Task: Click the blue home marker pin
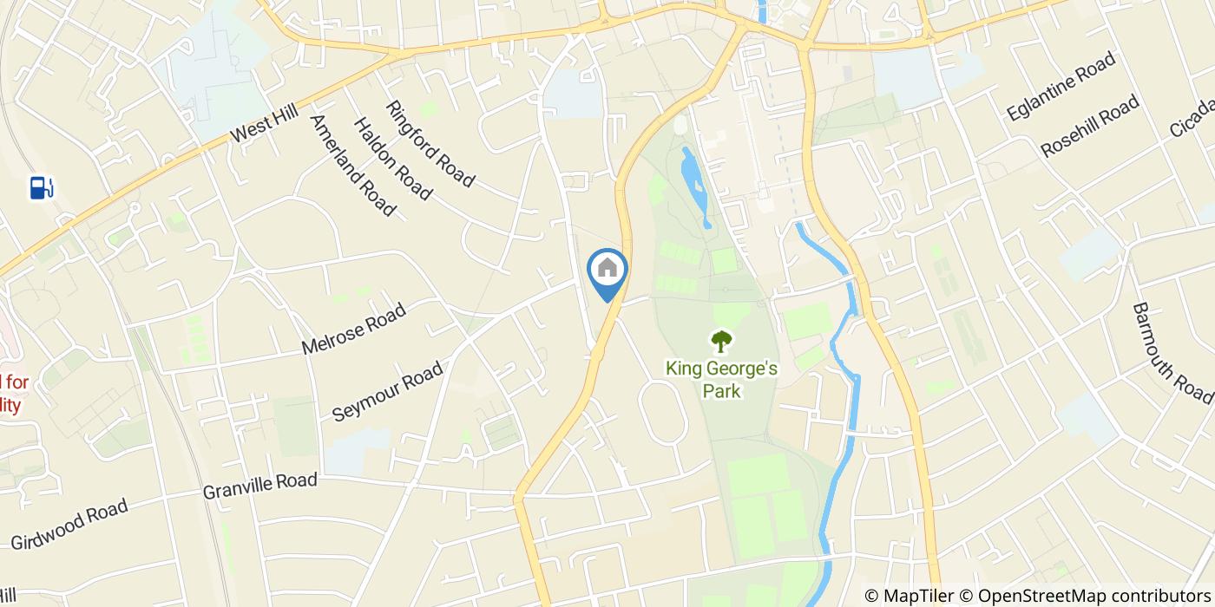tap(607, 271)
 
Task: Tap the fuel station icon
tap(42, 187)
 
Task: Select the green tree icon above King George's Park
tap(720, 341)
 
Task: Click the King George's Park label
tap(721, 380)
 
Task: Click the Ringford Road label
tap(430, 144)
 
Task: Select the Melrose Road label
tap(353, 329)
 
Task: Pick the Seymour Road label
tap(387, 392)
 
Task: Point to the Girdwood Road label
tap(69, 524)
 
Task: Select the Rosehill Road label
tap(1089, 127)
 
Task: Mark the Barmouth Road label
tap(1172, 353)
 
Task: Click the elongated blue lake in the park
tap(694, 185)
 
